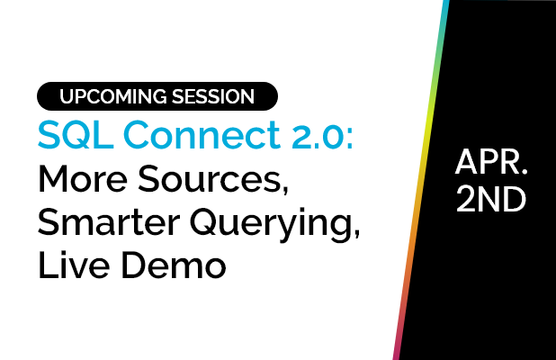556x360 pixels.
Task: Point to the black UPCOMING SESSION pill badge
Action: click(157, 96)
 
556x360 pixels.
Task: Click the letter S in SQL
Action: click(47, 134)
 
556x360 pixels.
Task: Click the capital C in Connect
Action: click(125, 134)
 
